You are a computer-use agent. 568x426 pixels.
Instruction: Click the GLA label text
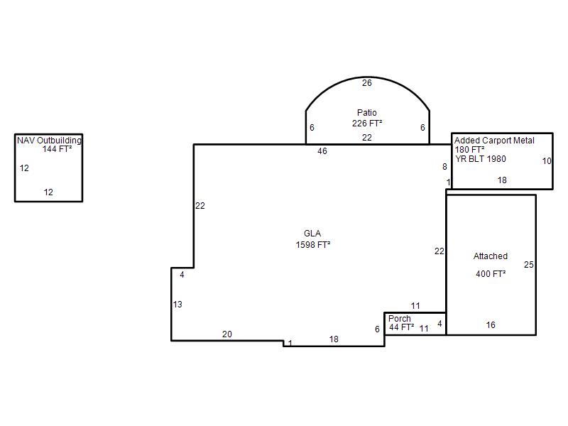click(x=312, y=234)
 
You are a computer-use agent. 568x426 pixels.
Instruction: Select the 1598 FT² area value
click(x=313, y=245)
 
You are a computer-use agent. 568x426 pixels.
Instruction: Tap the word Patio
click(x=366, y=113)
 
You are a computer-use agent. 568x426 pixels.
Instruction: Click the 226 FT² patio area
click(x=367, y=124)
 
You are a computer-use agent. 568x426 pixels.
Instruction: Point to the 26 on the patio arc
click(x=367, y=83)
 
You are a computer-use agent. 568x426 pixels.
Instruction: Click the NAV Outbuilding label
click(x=49, y=140)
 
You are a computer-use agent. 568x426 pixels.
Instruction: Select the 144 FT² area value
click(x=57, y=149)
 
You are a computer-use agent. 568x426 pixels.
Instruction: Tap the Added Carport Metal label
click(x=494, y=141)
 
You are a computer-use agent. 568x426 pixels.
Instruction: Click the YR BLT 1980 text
click(x=481, y=158)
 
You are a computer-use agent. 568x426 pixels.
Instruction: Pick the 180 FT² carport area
click(x=469, y=150)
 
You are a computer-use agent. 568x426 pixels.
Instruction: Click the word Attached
click(x=491, y=256)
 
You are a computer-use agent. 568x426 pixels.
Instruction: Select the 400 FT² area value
click(x=491, y=274)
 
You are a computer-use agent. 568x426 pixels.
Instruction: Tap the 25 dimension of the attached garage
click(x=528, y=265)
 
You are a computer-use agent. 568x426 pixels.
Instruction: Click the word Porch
click(x=400, y=318)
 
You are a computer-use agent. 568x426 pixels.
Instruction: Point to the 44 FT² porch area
click(x=401, y=327)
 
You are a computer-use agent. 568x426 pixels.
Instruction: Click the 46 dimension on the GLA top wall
click(x=322, y=151)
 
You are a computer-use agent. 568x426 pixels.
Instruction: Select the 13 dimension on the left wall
click(x=177, y=305)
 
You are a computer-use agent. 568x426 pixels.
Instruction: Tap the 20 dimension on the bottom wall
click(x=227, y=334)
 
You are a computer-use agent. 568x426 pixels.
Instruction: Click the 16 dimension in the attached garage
click(x=491, y=325)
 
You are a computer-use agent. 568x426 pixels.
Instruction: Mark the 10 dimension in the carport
click(x=547, y=161)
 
